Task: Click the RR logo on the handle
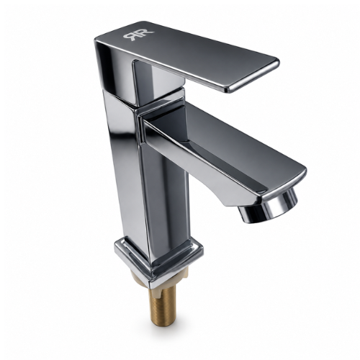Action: [x=138, y=35]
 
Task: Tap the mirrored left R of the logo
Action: [x=131, y=37]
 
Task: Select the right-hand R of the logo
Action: [x=146, y=34]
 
